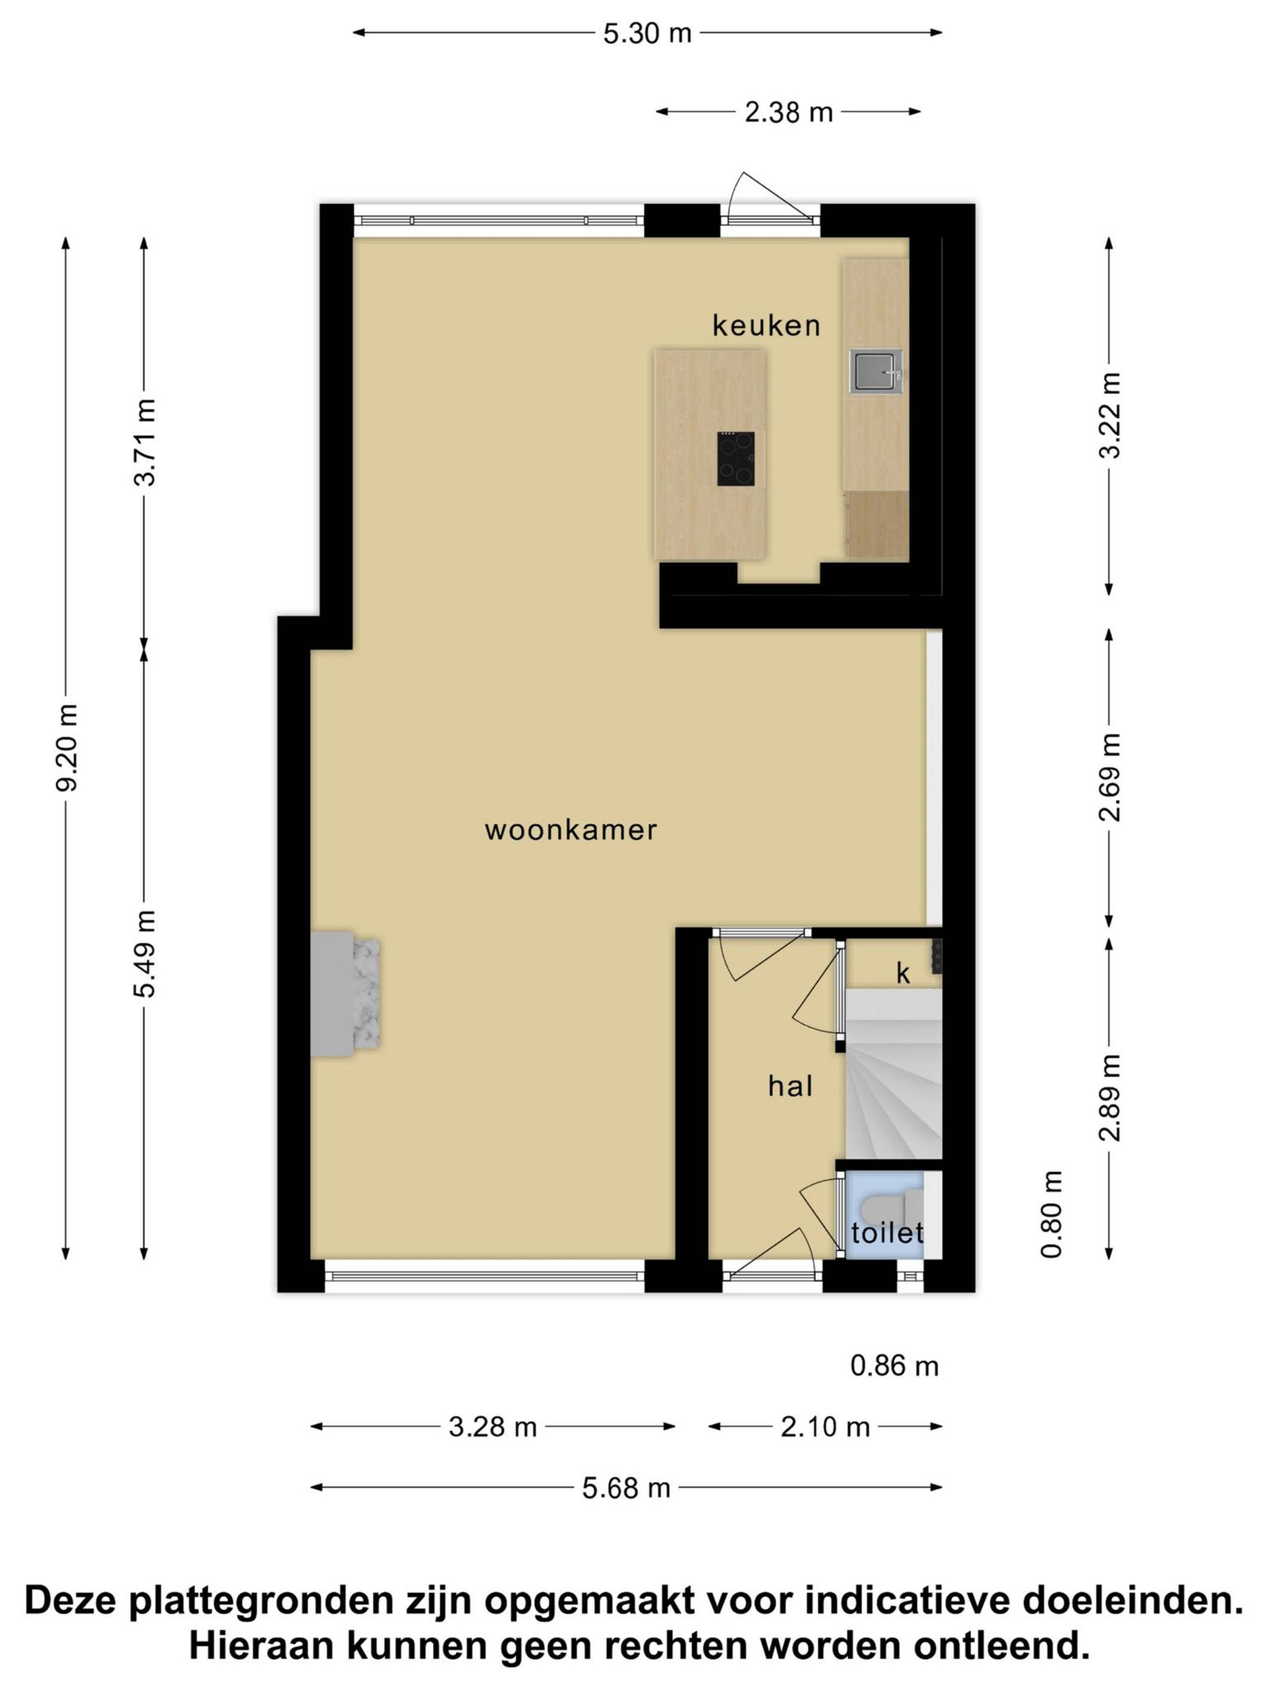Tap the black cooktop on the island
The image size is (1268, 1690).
click(x=735, y=458)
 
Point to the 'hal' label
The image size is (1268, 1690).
click(x=790, y=1086)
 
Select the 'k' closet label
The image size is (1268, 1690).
click(x=903, y=973)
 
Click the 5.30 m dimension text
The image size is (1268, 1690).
click(x=648, y=34)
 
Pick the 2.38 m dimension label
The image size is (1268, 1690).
click(x=788, y=113)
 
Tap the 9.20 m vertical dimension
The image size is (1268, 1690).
click(x=67, y=747)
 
